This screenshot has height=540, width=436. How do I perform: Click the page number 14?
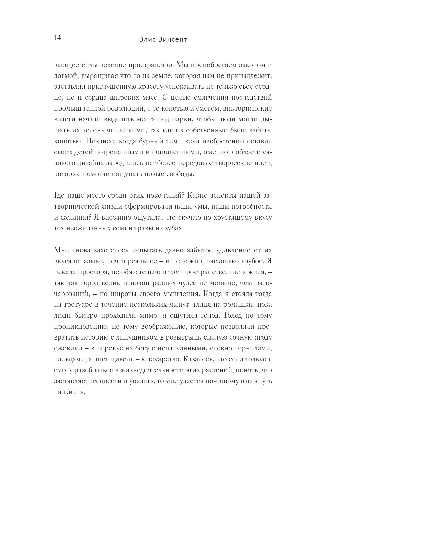(x=57, y=38)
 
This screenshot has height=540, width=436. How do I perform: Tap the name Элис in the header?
(x=148, y=40)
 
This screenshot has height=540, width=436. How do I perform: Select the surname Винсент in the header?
(x=172, y=40)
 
